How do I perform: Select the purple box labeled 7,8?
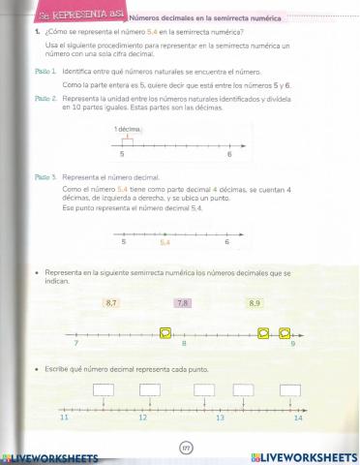(183, 303)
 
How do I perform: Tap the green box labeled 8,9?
(255, 303)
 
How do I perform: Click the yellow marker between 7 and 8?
(166, 334)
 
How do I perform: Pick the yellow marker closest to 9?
(285, 334)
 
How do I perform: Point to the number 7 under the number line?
(75, 345)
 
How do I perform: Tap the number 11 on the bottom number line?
(65, 418)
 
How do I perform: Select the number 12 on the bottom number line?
(142, 418)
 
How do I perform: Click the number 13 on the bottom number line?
(220, 418)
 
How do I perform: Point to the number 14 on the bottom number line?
(298, 418)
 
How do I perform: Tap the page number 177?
(187, 448)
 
